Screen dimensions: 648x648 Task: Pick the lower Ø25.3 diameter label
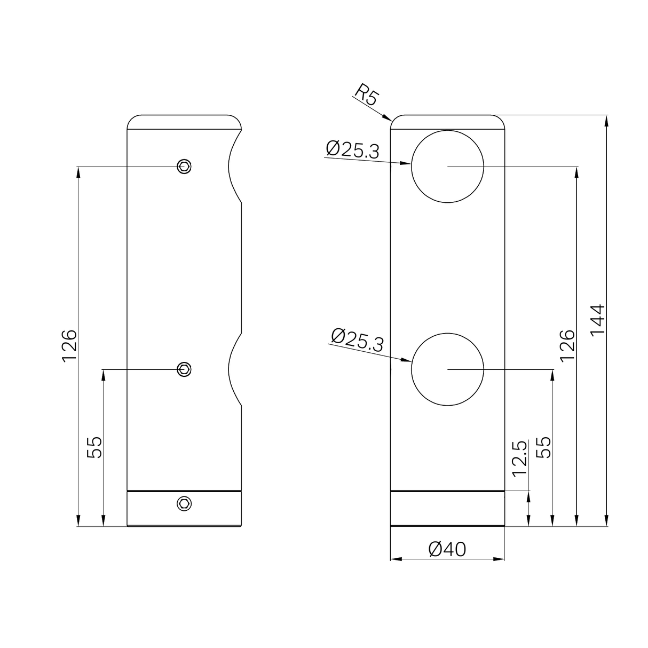(x=357, y=340)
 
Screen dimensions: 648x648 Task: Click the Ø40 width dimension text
(x=447, y=549)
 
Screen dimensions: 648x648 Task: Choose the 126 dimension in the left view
(x=69, y=346)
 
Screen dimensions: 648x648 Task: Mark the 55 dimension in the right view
(x=543, y=447)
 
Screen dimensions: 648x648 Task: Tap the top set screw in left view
(x=184, y=167)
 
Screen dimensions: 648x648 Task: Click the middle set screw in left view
(x=184, y=369)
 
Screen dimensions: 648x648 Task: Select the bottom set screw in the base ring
(x=184, y=503)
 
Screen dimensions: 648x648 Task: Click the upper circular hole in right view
(x=447, y=167)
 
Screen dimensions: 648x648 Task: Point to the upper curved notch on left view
(x=233, y=167)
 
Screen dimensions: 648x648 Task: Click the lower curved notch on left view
(x=234, y=369)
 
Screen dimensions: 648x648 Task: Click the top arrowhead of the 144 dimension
(x=607, y=120)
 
